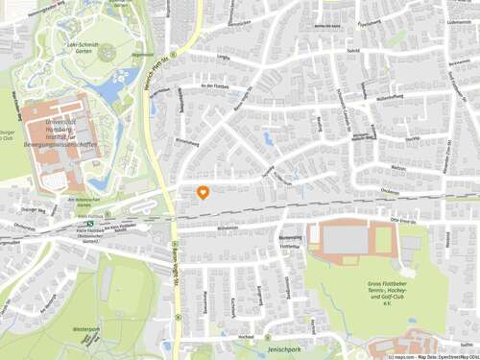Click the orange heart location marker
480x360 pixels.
(x=203, y=192)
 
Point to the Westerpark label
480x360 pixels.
(x=85, y=329)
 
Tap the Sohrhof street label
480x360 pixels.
(x=353, y=50)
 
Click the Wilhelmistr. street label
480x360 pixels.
(x=228, y=229)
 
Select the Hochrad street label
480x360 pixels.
(x=247, y=337)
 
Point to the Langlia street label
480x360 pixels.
(x=225, y=58)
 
